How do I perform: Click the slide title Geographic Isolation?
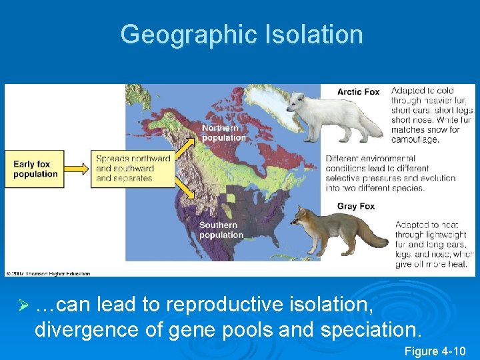pyautogui.click(x=241, y=34)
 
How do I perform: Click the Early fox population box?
pyautogui.click(x=36, y=169)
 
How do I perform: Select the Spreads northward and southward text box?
pyautogui.click(x=133, y=169)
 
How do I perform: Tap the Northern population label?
pyautogui.click(x=223, y=133)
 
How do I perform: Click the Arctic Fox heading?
pyautogui.click(x=358, y=91)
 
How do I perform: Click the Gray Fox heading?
pyautogui.click(x=357, y=206)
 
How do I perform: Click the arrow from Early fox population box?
pyautogui.click(x=75, y=169)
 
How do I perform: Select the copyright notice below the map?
pyautogui.click(x=47, y=273)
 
